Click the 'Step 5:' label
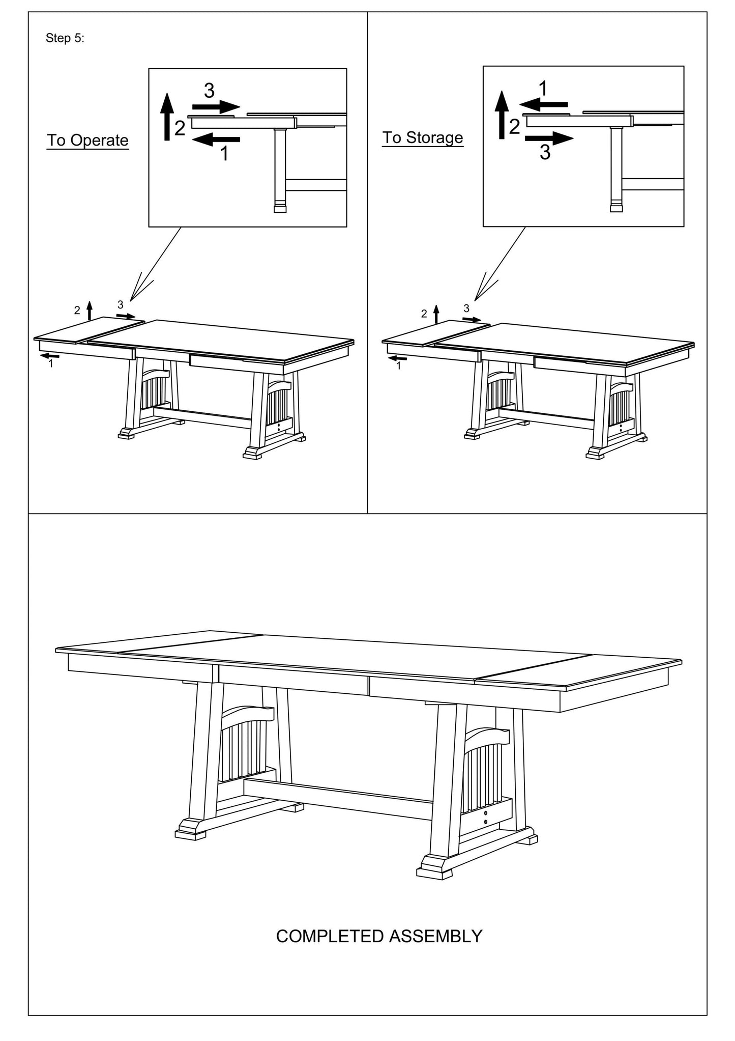[x=65, y=38]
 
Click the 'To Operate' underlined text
[x=87, y=140]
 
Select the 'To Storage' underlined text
[x=422, y=137]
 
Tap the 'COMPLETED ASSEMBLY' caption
[x=378, y=936]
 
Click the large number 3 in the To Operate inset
[x=209, y=91]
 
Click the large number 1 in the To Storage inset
[x=543, y=89]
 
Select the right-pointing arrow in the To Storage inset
[x=549, y=137]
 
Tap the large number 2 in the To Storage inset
[x=515, y=127]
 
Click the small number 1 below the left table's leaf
[x=50, y=364]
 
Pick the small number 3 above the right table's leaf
[x=466, y=308]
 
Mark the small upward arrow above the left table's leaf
[x=90, y=310]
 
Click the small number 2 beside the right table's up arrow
[x=424, y=314]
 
